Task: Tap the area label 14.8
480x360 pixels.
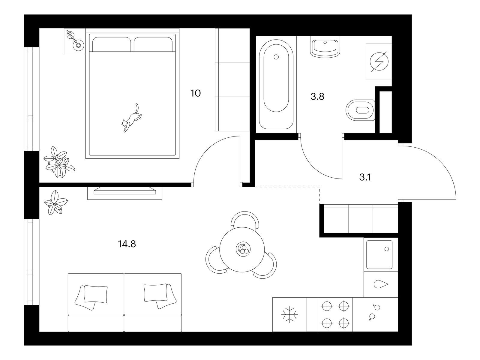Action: (x=127, y=244)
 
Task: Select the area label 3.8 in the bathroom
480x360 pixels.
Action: (x=317, y=96)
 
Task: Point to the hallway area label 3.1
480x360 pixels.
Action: (x=365, y=177)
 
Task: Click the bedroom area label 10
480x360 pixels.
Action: (x=196, y=93)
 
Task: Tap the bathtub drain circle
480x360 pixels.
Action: (x=276, y=57)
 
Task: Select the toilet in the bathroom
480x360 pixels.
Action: (x=360, y=110)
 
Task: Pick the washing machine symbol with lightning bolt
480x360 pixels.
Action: (x=379, y=61)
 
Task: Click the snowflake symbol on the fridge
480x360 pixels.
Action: (x=289, y=314)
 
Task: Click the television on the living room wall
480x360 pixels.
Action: (x=125, y=190)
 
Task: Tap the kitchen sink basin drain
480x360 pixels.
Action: (x=386, y=249)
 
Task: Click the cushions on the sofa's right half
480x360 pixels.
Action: (x=160, y=296)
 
